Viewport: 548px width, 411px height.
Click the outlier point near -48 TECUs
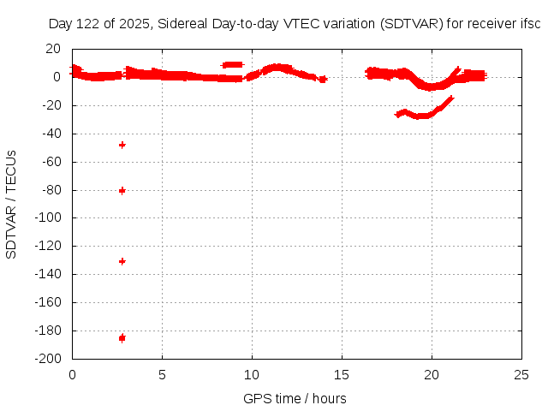coord(122,145)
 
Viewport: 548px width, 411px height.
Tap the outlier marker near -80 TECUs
coord(122,190)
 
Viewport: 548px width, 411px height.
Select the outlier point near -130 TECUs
coord(122,261)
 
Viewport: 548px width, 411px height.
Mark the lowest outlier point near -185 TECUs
coord(122,338)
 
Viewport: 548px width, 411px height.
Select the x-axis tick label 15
coord(342,374)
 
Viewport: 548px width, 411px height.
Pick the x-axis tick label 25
coord(521,374)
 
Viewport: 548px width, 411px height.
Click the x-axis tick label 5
coord(162,374)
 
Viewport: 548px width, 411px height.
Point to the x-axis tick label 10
coord(252,374)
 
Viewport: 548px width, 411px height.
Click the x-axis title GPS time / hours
coord(295,398)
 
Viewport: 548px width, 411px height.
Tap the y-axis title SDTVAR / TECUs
coord(12,204)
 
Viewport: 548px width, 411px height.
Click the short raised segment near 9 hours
coord(232,64)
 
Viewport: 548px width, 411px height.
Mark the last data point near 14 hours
coord(323,79)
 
